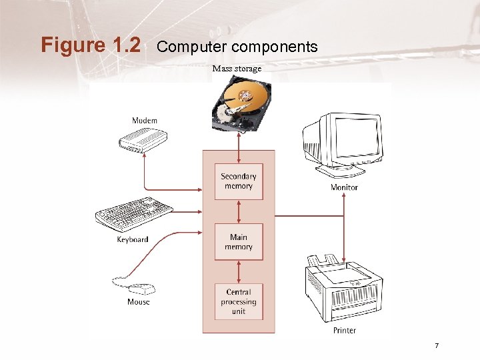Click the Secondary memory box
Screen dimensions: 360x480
(239, 181)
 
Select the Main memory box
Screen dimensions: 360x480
(239, 241)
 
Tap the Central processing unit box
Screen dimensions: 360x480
(239, 301)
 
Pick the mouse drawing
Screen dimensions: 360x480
(141, 289)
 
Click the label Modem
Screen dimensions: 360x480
(145, 121)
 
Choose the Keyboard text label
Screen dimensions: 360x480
(133, 239)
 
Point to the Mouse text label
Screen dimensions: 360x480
(139, 302)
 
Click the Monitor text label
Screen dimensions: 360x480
(344, 187)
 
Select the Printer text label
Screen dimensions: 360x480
(345, 330)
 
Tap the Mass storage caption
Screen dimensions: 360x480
(237, 69)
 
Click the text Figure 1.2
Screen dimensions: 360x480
(91, 45)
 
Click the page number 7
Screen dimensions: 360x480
(436, 345)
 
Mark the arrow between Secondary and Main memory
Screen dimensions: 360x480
(239, 211)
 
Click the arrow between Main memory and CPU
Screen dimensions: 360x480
(239, 271)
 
